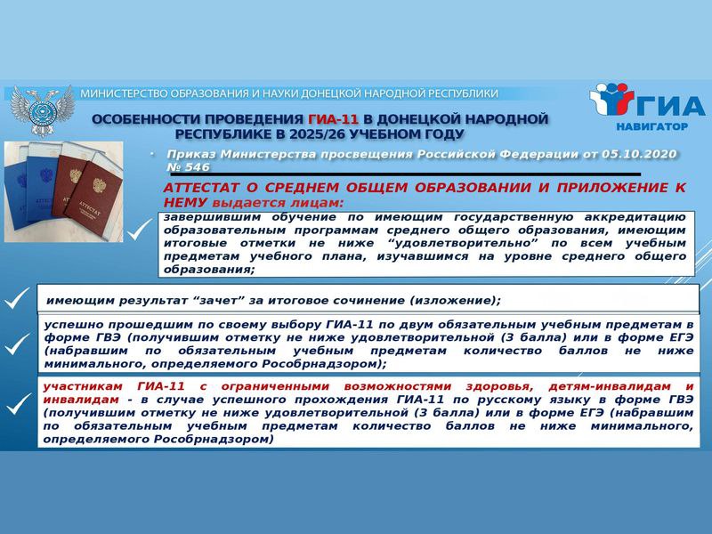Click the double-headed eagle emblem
tap(42, 110)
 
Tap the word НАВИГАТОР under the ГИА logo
tap(651, 126)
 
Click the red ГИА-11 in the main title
tap(333, 119)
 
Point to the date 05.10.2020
tap(639, 154)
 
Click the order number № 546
tap(189, 167)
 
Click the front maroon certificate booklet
tap(93, 193)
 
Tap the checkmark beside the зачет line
tap(16, 298)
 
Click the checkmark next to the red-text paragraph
tap(18, 404)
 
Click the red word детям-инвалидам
tap(610, 386)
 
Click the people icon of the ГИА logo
tap(611, 99)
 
